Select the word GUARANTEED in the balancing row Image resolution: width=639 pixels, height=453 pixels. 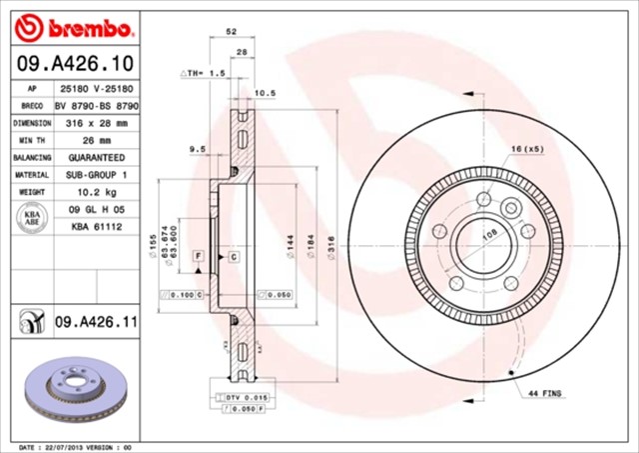pyautogui.click(x=98, y=157)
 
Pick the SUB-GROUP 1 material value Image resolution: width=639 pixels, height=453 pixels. pyautogui.click(x=98, y=174)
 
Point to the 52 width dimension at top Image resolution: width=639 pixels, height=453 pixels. pyautogui.click(x=232, y=31)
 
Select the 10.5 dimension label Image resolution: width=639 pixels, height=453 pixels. pyautogui.click(x=266, y=93)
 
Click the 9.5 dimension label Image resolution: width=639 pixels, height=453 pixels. pyautogui.click(x=197, y=149)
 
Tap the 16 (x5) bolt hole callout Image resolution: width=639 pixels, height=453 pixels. pyautogui.click(x=528, y=149)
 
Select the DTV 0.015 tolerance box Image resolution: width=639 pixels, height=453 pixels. pyautogui.click(x=237, y=398)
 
